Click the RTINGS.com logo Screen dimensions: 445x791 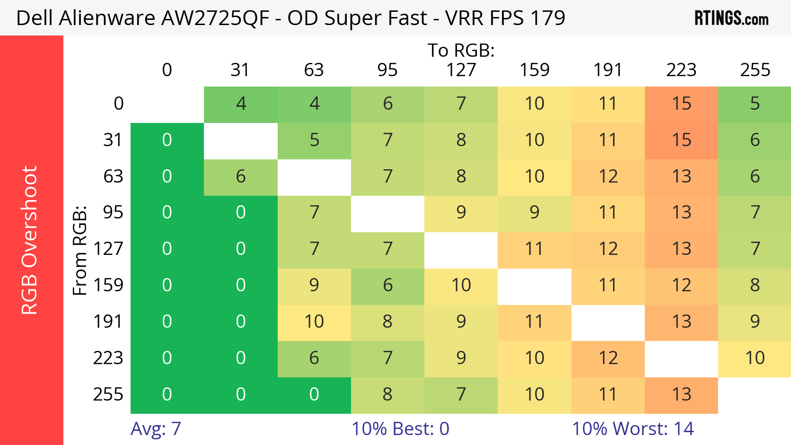point(731,18)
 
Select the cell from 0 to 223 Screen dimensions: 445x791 point(681,104)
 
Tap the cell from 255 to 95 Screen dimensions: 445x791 point(387,395)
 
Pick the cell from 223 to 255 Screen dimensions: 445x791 point(755,358)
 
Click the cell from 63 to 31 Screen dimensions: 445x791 point(241,177)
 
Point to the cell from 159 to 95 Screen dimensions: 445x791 point(387,286)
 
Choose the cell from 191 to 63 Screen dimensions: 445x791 point(314,322)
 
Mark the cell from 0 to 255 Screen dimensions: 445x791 point(755,104)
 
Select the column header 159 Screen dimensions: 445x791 point(535,70)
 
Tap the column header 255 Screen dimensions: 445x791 point(755,70)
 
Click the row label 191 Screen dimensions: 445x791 point(108,322)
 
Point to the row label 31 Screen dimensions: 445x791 point(113,140)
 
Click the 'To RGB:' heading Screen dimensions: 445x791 point(461,51)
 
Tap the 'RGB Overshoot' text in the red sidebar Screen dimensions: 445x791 point(29,240)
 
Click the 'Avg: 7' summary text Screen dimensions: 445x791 point(156,429)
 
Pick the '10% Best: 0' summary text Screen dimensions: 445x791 point(400,429)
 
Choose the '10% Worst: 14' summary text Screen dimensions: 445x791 point(633,429)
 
